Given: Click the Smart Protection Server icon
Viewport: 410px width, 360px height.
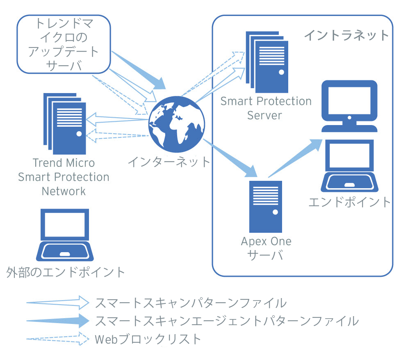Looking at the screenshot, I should (267, 62).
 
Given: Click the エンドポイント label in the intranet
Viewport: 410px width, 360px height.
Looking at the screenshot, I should (349, 202).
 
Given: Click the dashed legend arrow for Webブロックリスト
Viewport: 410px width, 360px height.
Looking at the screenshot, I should (57, 339).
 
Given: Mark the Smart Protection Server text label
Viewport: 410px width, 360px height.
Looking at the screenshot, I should (266, 108).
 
